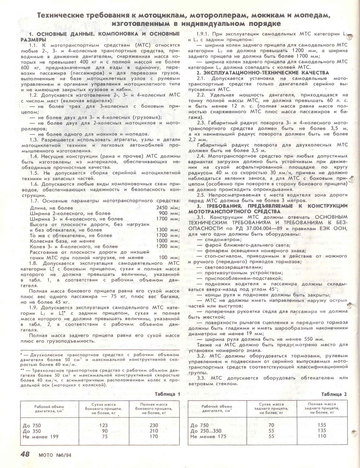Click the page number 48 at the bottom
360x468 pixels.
click(25, 454)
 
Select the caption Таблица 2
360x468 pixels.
click(334, 394)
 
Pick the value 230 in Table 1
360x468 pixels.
click(154, 425)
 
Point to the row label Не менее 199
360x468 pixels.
click(41, 437)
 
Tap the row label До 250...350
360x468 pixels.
click(205, 431)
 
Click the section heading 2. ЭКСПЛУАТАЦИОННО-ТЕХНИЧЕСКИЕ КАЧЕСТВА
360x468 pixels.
click(262, 73)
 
